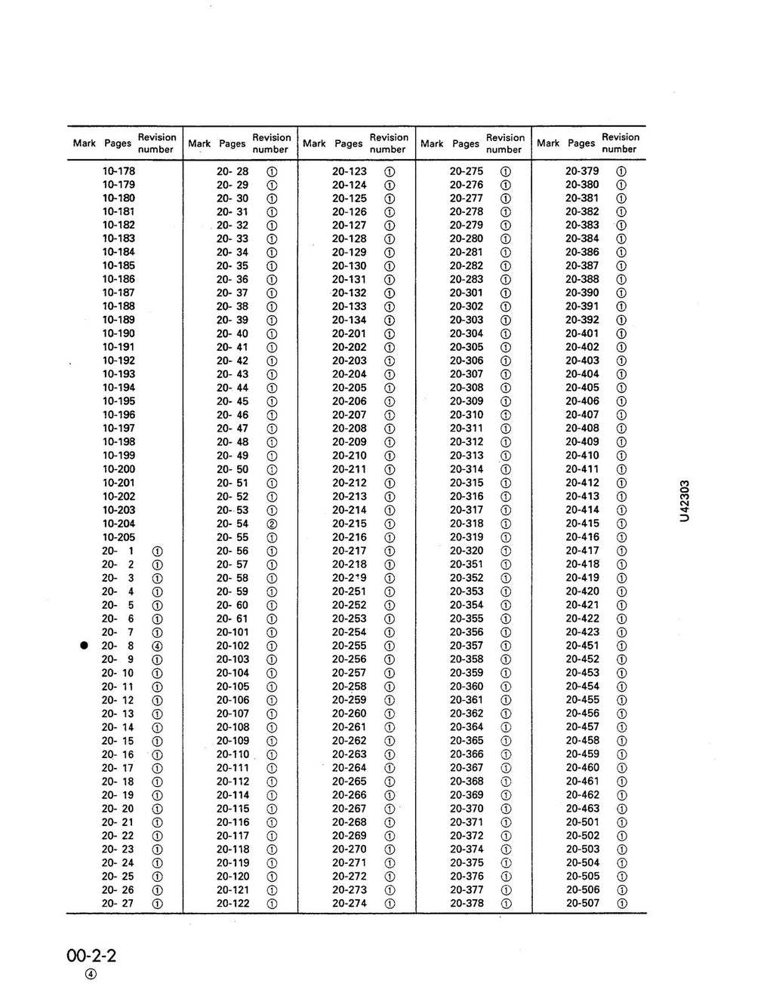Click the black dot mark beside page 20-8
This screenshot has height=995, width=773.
(85, 646)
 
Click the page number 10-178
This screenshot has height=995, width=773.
(119, 171)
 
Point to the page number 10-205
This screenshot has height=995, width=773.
(119, 537)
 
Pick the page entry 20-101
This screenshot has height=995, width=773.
(233, 632)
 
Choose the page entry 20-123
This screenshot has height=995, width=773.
(350, 171)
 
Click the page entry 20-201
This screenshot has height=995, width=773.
(350, 333)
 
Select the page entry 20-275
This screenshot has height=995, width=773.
(467, 171)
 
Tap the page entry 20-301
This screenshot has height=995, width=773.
(467, 293)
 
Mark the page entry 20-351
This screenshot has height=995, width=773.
(467, 564)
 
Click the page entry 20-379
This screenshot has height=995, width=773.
(582, 171)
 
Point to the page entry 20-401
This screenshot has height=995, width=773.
(582, 333)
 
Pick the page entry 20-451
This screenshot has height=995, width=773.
(582, 646)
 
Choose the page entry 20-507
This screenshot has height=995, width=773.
(582, 903)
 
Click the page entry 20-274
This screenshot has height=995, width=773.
(350, 903)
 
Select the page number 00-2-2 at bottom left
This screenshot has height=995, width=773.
(91, 957)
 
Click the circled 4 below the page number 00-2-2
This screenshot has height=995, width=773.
(91, 974)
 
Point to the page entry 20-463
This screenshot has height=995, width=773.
(582, 808)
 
